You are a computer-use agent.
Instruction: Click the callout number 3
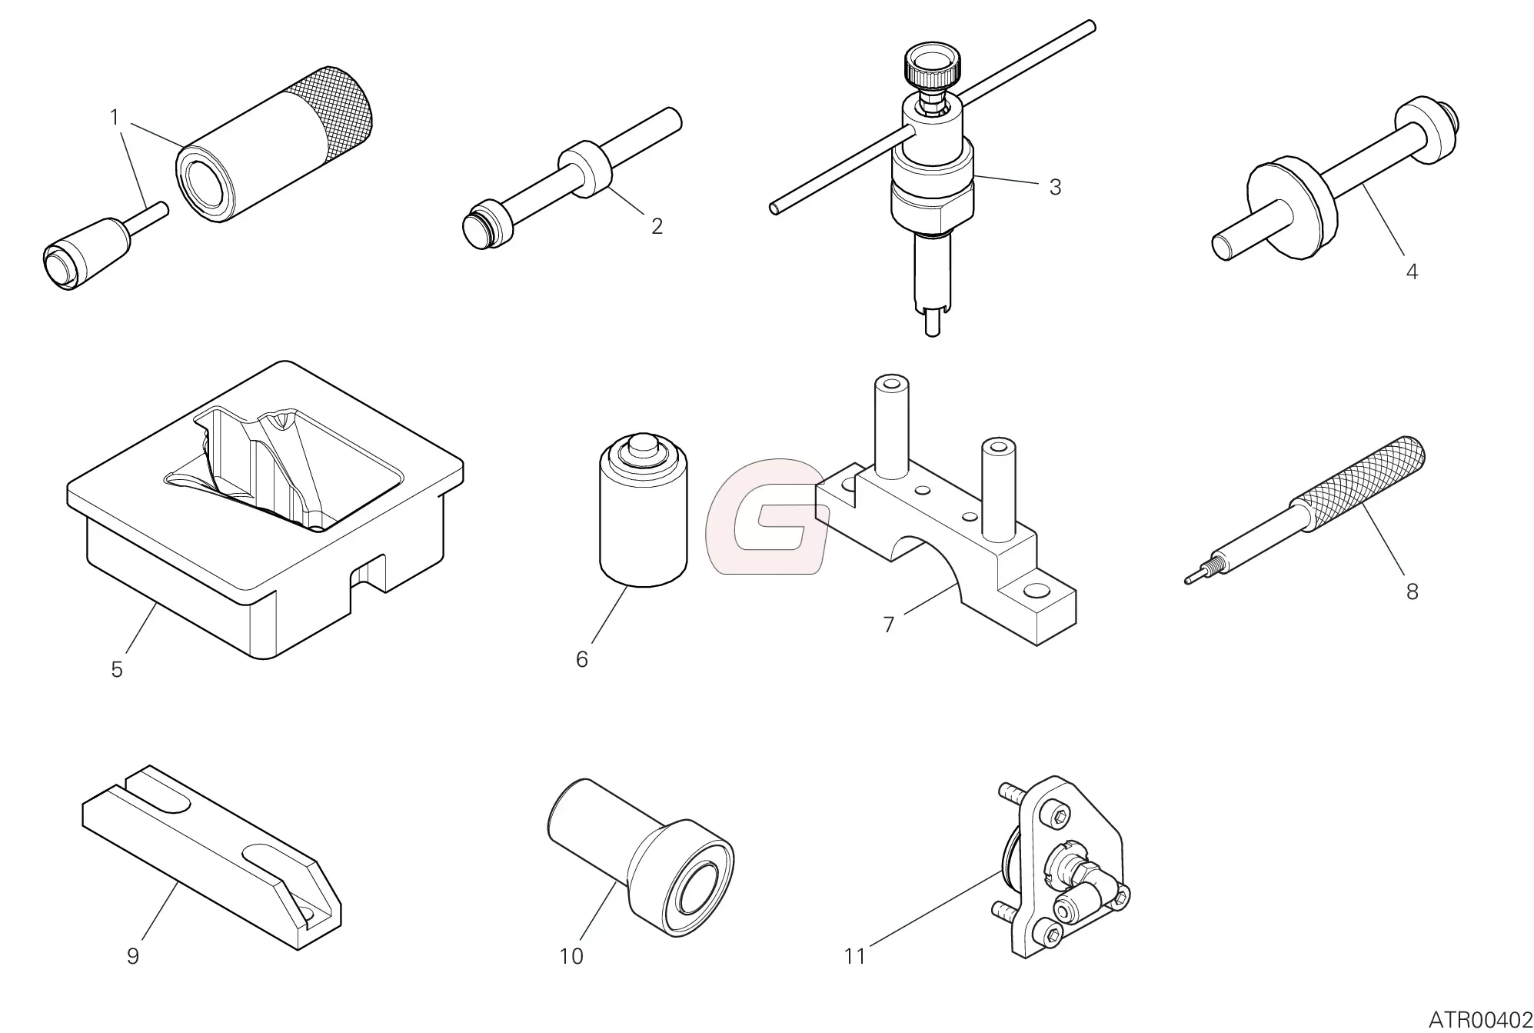coord(1055,187)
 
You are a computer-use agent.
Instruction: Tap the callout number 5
coord(117,669)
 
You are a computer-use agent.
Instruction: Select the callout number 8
coord(1412,591)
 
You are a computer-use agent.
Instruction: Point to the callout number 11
coord(854,956)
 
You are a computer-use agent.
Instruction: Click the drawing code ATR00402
coord(1480,1020)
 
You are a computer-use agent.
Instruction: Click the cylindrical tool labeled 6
coord(643,512)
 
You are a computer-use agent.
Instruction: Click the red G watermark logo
coord(766,517)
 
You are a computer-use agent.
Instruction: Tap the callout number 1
coord(115,118)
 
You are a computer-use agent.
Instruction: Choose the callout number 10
coord(571,956)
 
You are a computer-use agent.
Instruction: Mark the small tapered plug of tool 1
coord(85,251)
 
